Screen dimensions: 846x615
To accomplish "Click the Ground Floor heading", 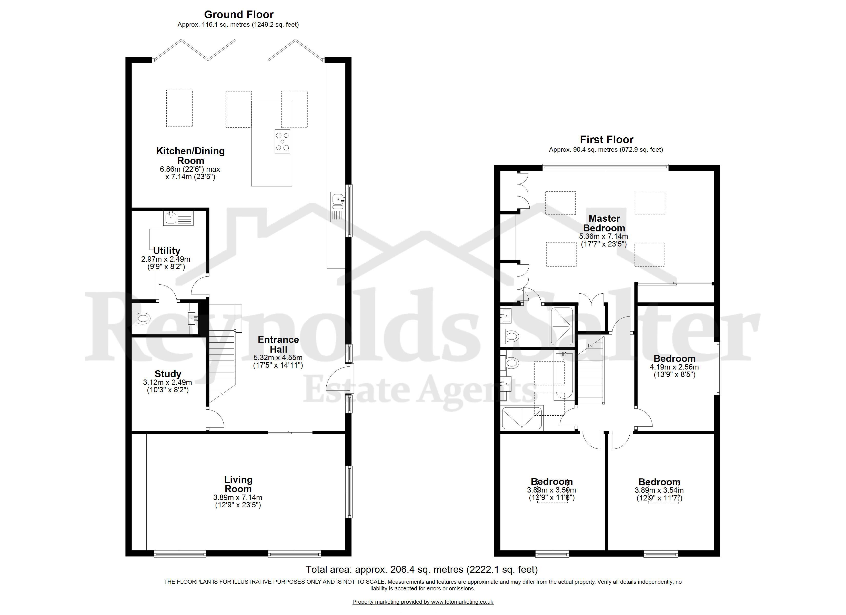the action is pyautogui.click(x=239, y=15).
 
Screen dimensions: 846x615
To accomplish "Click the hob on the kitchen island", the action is pyautogui.click(x=282, y=141).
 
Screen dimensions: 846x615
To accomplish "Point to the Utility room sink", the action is pyautogui.click(x=178, y=218).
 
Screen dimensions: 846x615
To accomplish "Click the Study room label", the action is pyautogui.click(x=168, y=374).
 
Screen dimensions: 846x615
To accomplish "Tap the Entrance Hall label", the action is pyautogui.click(x=278, y=344).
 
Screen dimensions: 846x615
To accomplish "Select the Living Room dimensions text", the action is pyautogui.click(x=238, y=501).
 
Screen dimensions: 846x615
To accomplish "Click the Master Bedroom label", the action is pyautogui.click(x=604, y=223).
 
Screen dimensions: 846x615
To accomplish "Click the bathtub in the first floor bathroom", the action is pyautogui.click(x=560, y=376).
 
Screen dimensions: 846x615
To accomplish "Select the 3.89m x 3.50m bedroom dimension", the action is pyautogui.click(x=551, y=494).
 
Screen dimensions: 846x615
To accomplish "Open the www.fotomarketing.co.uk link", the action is pyautogui.click(x=462, y=602).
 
